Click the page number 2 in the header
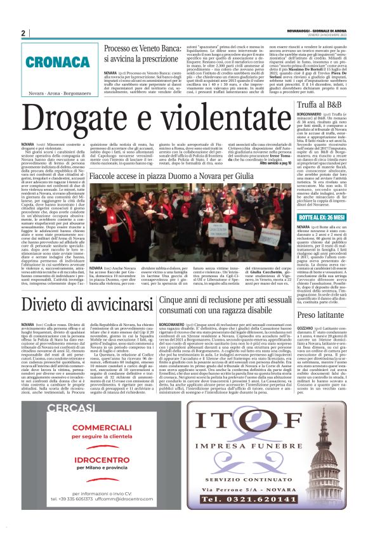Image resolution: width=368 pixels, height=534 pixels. click(x=23, y=33)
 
